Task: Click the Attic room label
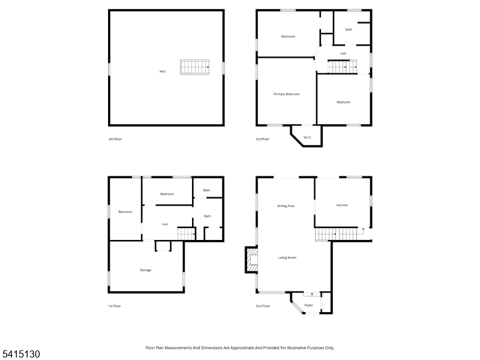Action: [163, 72]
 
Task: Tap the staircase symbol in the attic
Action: [195, 67]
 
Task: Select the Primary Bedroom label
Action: [286, 94]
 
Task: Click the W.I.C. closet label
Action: [307, 137]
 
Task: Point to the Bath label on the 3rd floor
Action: [349, 29]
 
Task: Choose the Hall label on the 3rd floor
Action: [343, 53]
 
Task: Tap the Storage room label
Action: [145, 270]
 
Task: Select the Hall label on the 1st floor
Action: [164, 224]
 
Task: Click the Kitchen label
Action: [342, 205]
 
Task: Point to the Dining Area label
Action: [286, 206]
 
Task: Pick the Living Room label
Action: [287, 257]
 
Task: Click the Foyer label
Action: [309, 305]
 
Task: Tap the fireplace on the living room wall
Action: [250, 260]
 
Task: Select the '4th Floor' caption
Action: [115, 139]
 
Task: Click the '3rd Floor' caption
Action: [263, 139]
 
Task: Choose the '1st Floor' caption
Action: [115, 306]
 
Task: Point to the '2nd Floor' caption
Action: [263, 306]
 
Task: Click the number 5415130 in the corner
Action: [20, 355]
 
